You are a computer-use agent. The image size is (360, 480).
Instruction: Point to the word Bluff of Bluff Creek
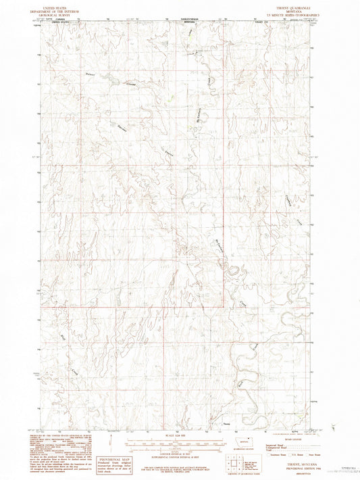pyautogui.click(x=63, y=331)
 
